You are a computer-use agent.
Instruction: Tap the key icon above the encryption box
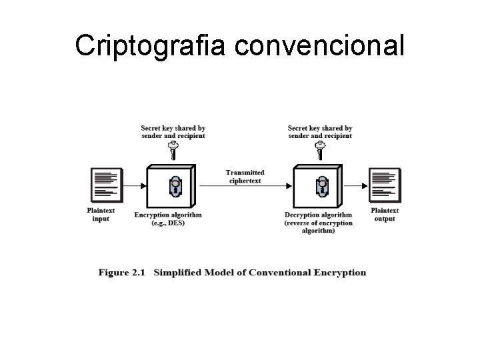click(x=173, y=151)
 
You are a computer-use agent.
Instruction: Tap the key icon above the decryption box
click(x=319, y=151)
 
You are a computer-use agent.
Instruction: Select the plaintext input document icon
click(x=105, y=186)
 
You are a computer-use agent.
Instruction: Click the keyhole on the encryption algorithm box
click(x=175, y=186)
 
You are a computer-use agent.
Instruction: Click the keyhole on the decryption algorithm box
click(x=321, y=186)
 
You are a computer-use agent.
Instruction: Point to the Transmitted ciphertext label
click(x=245, y=176)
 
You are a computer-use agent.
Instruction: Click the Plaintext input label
click(x=101, y=215)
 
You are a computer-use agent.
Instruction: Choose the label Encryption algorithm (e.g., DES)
click(x=168, y=219)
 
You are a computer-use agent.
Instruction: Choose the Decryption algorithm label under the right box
click(x=319, y=223)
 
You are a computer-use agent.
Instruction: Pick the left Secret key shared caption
click(x=173, y=131)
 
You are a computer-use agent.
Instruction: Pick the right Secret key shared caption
click(x=320, y=131)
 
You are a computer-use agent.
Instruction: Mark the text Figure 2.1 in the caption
click(x=121, y=272)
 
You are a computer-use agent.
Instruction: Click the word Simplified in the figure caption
click(x=181, y=272)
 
